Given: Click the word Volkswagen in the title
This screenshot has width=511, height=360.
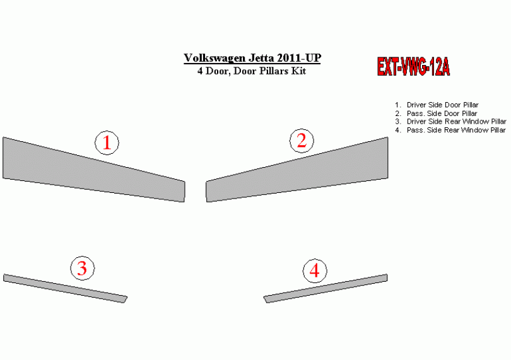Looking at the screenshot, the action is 214,58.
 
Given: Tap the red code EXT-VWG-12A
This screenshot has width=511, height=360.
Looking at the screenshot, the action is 413,67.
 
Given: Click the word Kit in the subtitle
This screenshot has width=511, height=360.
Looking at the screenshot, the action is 298,71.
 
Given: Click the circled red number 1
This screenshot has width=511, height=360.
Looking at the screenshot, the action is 107,142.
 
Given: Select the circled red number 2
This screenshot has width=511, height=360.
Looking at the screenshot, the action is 302,141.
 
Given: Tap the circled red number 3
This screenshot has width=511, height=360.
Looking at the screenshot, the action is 83,268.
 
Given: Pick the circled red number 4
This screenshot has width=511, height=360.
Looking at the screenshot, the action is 315,270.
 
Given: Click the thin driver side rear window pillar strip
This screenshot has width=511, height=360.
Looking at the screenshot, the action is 65,288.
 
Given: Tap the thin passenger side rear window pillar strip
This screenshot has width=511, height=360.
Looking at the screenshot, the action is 326,288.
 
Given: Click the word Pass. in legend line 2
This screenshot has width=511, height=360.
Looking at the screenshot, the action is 416,113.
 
